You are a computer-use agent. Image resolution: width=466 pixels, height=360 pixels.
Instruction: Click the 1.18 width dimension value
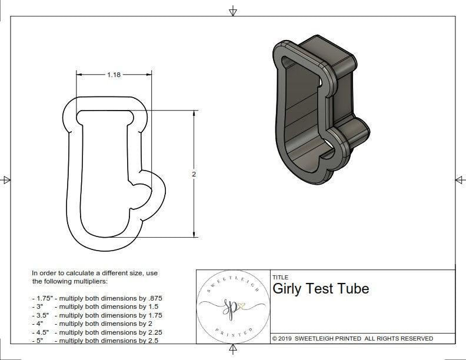114,75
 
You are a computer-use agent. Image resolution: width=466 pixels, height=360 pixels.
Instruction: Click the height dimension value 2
194,174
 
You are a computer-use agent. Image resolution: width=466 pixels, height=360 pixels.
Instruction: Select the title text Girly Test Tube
321,289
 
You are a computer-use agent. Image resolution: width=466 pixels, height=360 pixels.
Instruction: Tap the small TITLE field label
280,277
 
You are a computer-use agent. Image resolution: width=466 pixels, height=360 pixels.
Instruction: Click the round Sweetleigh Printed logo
231,307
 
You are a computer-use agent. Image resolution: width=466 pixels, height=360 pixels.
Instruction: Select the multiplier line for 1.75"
97,298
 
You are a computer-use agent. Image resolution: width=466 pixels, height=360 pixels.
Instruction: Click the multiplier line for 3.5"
97,315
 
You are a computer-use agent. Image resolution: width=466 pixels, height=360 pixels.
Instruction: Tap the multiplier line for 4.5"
97,331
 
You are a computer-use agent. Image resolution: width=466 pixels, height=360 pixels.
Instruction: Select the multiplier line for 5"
95,340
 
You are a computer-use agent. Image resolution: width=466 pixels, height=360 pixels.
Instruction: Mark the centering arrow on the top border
233,11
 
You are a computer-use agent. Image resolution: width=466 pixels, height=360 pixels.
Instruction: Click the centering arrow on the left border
7,179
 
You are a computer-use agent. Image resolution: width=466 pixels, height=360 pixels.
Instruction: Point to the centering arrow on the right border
459,179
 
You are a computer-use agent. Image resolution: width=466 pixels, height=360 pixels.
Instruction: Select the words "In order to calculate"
68,273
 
